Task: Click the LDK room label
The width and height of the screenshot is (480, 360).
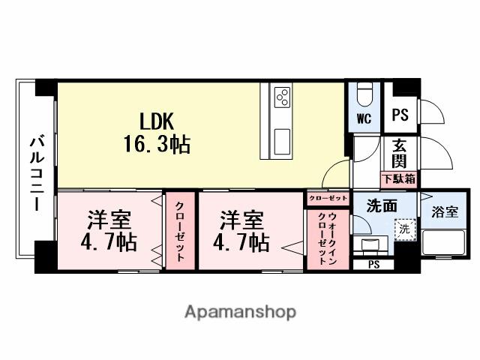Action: point(157,120)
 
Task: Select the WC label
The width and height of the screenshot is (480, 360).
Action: point(364,118)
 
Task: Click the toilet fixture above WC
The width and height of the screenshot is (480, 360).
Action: point(364,94)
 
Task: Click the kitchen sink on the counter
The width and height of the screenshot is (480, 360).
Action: point(283,140)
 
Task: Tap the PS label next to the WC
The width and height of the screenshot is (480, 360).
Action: point(400,115)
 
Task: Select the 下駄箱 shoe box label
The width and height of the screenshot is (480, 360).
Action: point(399,179)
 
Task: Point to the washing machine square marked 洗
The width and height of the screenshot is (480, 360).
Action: point(403,229)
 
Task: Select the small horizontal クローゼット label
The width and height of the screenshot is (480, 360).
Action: point(327,199)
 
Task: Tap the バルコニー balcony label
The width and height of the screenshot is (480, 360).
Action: point(36,173)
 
